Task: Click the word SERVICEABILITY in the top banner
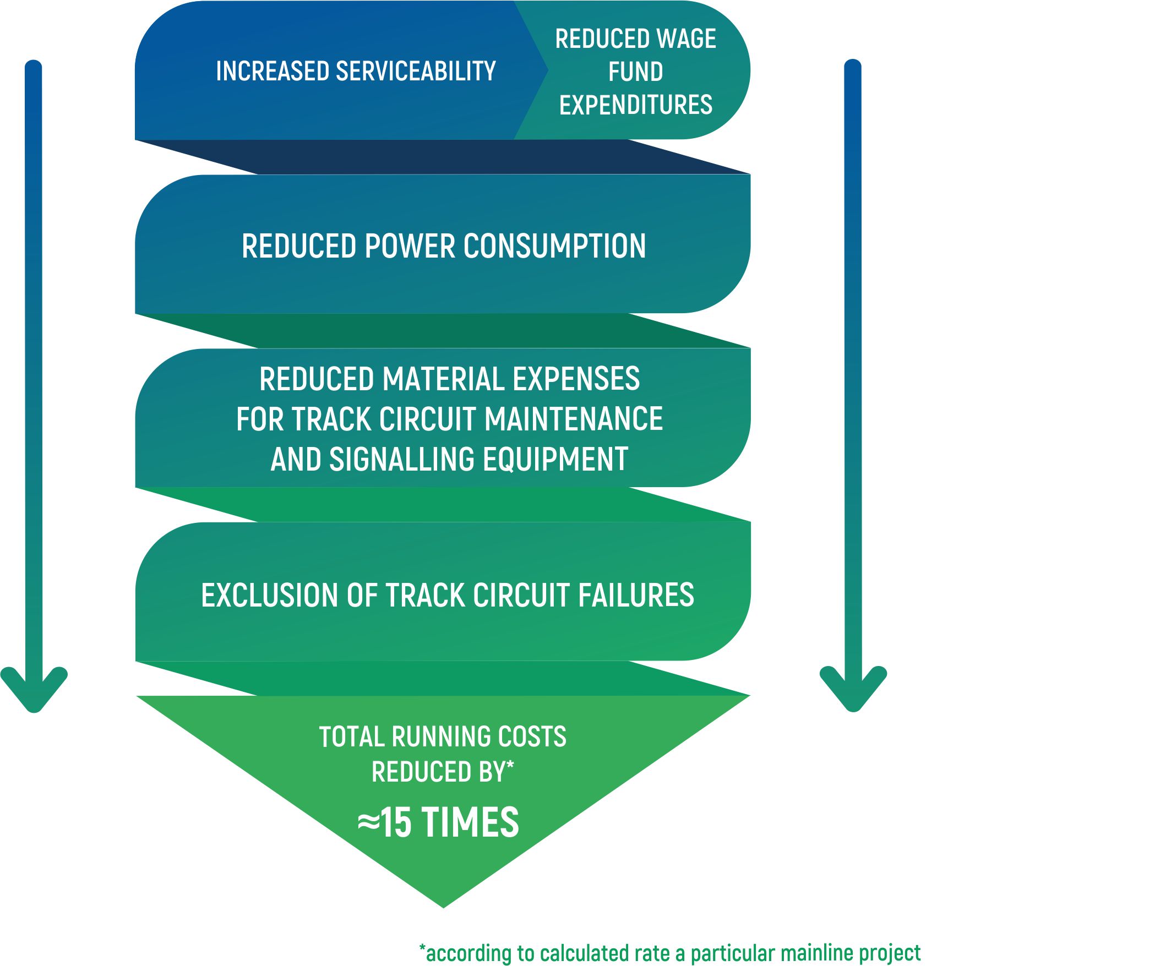pos(416,72)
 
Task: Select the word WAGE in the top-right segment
pos(687,39)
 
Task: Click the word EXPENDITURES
pos(636,105)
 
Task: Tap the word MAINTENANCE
pos(574,419)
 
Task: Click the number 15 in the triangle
pos(396,823)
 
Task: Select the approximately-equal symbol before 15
pos(368,823)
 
